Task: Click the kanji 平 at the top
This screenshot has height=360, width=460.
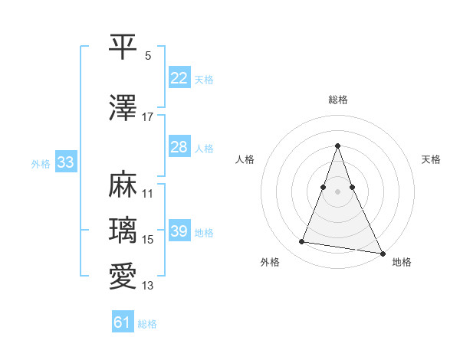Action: click(123, 47)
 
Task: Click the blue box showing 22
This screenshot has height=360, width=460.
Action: click(179, 78)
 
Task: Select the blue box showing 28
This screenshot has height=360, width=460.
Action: click(179, 147)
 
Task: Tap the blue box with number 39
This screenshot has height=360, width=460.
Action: click(179, 231)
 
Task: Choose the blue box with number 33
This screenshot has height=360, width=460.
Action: click(66, 162)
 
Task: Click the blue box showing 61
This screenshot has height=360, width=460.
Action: click(123, 322)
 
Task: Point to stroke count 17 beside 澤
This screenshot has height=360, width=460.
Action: click(148, 117)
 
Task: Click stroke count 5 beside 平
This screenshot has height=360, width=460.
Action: click(148, 56)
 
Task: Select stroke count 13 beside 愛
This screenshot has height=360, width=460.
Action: click(148, 286)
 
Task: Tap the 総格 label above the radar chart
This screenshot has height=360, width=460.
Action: click(338, 100)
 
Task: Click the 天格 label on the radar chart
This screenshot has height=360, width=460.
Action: click(432, 159)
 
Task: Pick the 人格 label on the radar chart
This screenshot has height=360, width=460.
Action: click(245, 159)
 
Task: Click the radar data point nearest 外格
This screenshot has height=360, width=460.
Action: click(302, 242)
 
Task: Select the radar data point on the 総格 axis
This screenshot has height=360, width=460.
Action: click(338, 146)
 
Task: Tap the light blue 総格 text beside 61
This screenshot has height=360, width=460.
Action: click(147, 324)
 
